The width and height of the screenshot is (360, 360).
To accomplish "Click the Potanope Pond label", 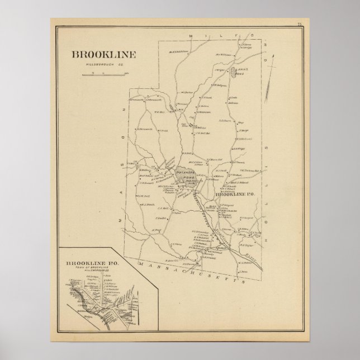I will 185,176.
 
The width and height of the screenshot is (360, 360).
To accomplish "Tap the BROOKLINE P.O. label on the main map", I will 235,194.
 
